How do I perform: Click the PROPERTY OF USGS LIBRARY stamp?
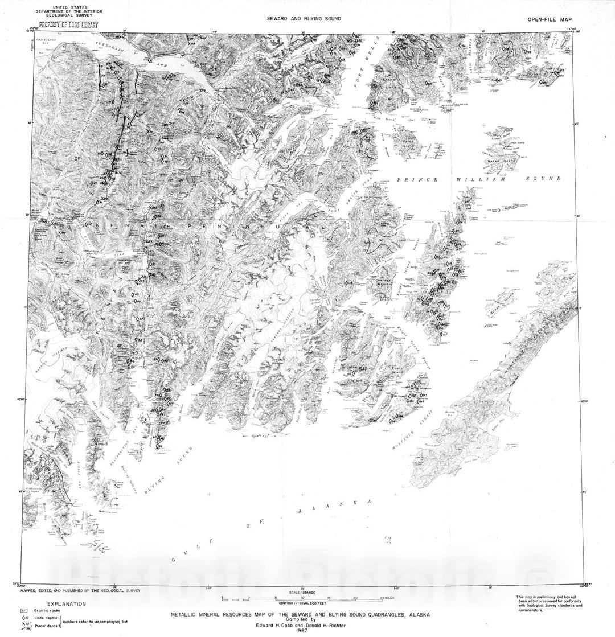[x=67, y=25]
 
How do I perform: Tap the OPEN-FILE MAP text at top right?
[x=551, y=19]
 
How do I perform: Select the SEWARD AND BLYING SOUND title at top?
[x=305, y=19]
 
